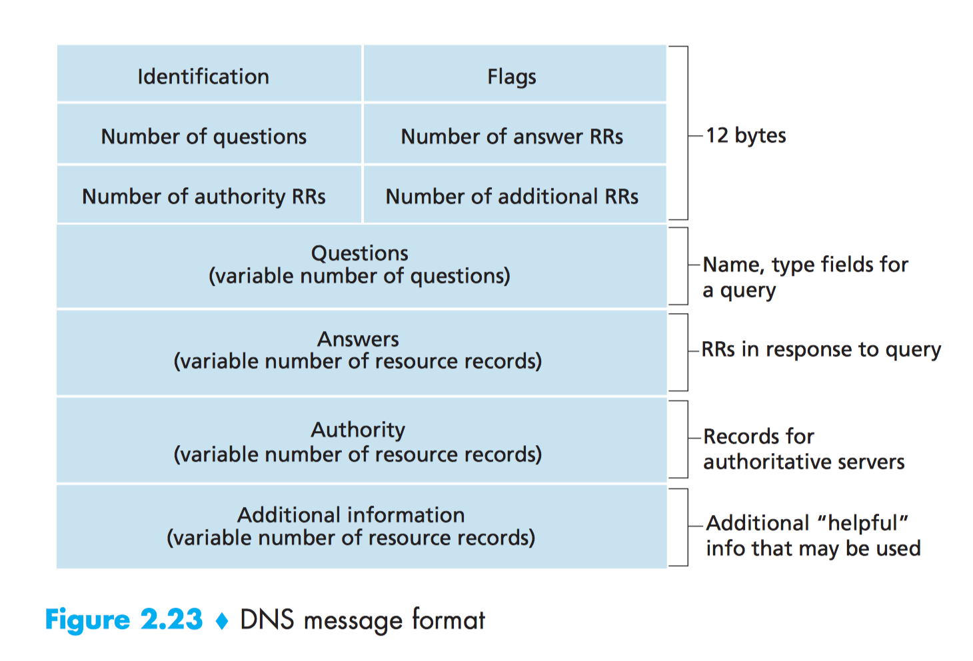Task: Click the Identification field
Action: (x=203, y=77)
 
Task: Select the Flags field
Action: (x=511, y=77)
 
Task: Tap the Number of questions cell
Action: (x=203, y=137)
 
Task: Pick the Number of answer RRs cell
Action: (x=511, y=137)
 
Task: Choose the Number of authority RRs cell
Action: (x=203, y=197)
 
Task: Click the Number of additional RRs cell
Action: (x=511, y=197)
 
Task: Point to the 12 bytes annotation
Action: (x=746, y=136)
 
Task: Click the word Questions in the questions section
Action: (x=359, y=253)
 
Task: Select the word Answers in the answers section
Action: (x=358, y=339)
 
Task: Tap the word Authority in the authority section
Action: (x=358, y=430)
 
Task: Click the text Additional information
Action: (x=351, y=515)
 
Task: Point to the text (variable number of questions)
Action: (x=359, y=276)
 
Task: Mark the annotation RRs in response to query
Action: (x=821, y=350)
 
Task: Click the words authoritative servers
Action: (x=804, y=462)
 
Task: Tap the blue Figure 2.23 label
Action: (x=123, y=620)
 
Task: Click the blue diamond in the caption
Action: (x=222, y=621)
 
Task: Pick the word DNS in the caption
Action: (x=267, y=620)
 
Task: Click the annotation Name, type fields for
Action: (x=805, y=265)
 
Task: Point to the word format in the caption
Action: (x=448, y=620)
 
